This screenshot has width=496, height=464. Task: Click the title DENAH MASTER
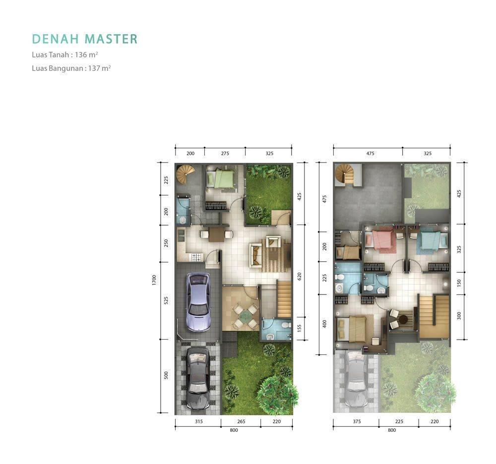coord(85,39)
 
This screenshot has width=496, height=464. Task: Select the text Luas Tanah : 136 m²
coord(65,55)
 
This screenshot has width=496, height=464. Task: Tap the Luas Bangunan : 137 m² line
coord(71,68)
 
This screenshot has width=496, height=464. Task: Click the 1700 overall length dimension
coord(154,280)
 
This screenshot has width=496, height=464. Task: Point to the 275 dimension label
coord(225,153)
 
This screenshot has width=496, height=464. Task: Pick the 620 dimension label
coord(299,276)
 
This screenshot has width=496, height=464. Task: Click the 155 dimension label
coord(299,328)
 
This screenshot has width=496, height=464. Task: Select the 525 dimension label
coord(166,300)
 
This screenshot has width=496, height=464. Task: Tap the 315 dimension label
coord(199,421)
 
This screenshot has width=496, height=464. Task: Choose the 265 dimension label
coord(241,421)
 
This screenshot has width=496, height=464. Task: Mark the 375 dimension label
coord(357,421)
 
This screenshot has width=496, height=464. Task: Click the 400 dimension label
coord(324,324)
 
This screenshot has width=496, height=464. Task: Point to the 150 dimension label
coord(459,283)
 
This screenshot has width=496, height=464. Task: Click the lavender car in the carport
coord(198,302)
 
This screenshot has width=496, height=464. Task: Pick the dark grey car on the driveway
coord(198,378)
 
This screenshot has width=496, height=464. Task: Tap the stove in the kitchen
coord(195,257)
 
